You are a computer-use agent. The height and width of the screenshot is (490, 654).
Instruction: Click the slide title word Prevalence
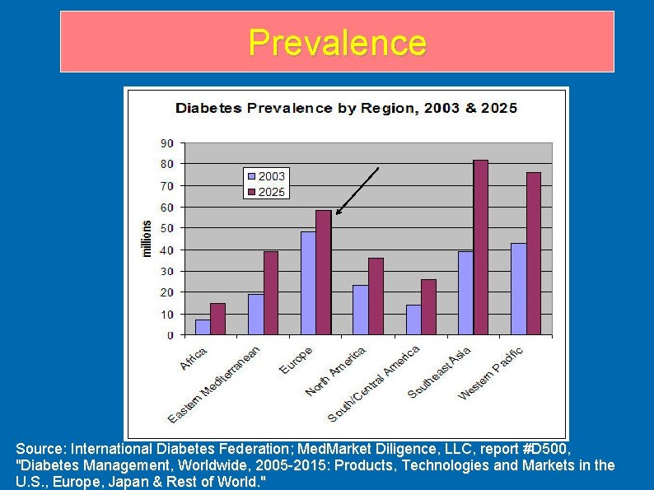point(337,42)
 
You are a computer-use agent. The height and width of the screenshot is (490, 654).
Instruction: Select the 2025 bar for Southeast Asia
point(480,247)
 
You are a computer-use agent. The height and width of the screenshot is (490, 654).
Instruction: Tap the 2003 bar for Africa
point(203,327)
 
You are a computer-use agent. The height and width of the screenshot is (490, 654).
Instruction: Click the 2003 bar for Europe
point(308,283)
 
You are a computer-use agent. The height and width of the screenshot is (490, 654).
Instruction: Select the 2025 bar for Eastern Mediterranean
point(270,293)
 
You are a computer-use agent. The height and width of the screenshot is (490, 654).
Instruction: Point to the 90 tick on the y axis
point(166,143)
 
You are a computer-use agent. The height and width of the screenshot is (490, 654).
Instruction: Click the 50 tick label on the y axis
point(166,228)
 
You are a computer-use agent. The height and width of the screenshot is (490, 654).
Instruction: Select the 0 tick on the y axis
point(170,335)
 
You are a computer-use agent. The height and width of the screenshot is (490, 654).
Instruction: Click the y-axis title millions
point(147,239)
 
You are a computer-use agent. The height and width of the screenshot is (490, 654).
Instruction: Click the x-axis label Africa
point(194,359)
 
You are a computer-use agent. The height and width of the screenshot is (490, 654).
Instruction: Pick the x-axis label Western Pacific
point(491,373)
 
